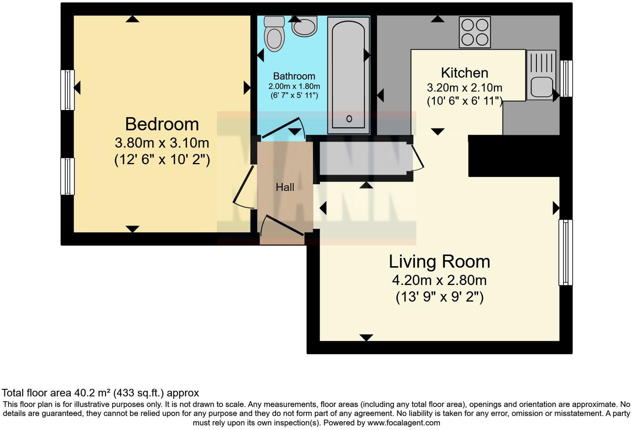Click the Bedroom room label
162,124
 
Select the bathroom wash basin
304,27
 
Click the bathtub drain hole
349,119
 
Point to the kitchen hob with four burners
475,32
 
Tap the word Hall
285,187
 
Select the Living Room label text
439,262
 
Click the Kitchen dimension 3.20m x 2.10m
464,88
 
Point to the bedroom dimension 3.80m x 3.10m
162,143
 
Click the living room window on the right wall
565,252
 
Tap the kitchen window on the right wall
566,78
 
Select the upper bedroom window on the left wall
67,90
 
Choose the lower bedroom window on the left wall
67,176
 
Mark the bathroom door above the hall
282,127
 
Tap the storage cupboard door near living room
418,157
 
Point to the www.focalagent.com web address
404,423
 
